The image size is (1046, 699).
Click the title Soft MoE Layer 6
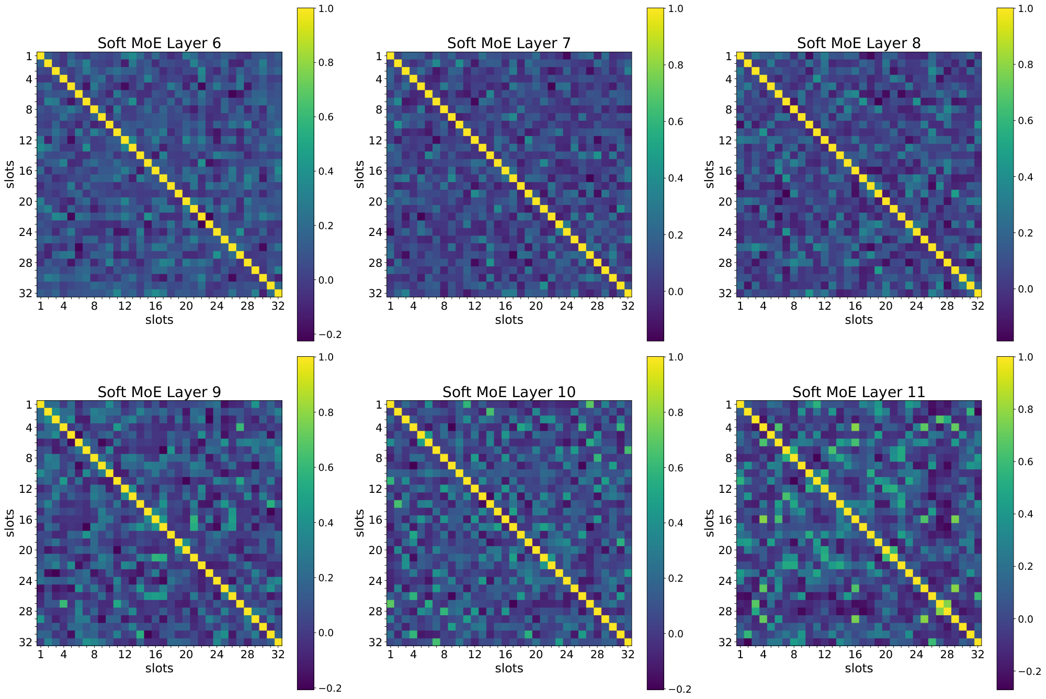click(159, 43)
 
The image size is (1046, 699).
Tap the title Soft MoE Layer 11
click(858, 392)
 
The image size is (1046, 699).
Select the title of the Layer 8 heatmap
click(858, 43)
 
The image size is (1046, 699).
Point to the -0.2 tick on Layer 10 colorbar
click(679, 689)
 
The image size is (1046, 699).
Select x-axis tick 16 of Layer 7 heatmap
click(505, 306)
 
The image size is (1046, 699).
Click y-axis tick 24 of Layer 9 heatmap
click(25, 581)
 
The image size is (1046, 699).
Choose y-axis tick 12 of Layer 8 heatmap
click(725, 140)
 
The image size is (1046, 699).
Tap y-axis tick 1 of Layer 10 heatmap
click(378, 404)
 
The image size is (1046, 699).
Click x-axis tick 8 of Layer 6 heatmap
click(94, 306)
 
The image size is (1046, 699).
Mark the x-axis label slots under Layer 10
click(509, 668)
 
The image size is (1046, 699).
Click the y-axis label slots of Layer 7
click(359, 174)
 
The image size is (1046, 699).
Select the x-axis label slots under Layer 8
click(858, 320)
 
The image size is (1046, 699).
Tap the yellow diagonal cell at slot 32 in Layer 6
click(278, 293)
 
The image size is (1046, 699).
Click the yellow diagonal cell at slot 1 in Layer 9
click(41, 404)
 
